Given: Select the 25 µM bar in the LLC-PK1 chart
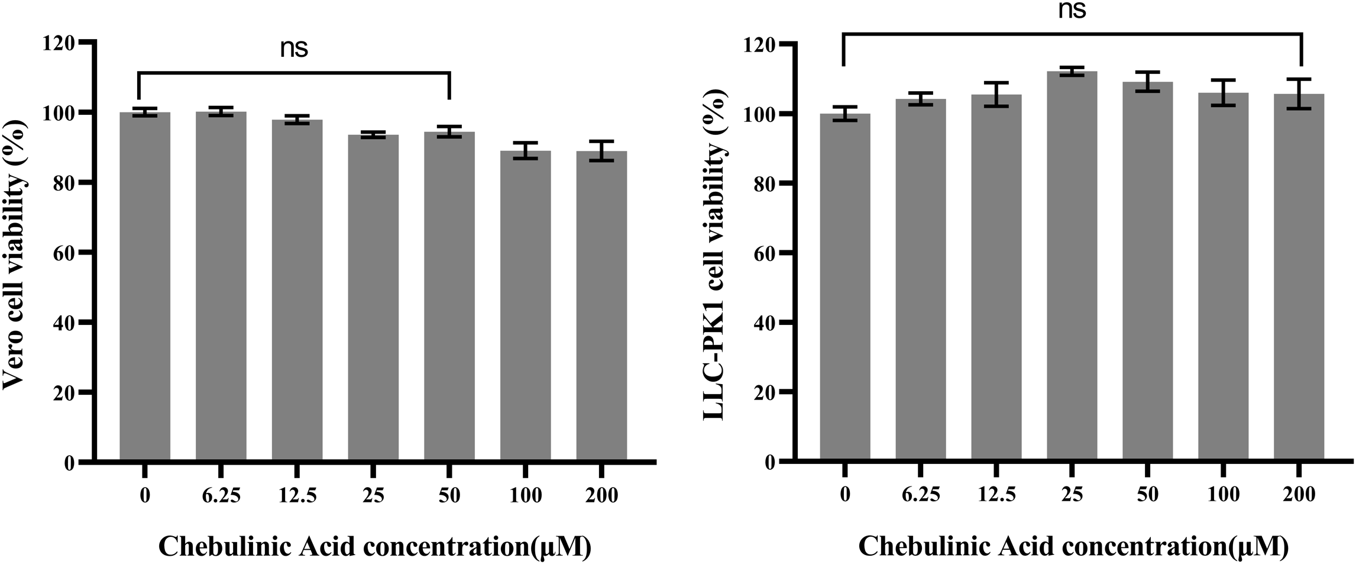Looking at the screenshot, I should (1072, 266).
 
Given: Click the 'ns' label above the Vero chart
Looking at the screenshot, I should (294, 49).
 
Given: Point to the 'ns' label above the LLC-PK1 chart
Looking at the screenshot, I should (1072, 11).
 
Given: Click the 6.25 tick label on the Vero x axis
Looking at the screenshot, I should (221, 495).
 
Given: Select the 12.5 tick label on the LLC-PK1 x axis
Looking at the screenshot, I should (996, 494).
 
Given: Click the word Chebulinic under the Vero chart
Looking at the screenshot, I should (225, 546).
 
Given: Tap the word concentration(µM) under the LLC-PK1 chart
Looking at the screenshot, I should (1173, 546).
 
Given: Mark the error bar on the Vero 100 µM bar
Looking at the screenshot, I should (525, 151).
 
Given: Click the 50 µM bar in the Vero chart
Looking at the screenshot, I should (449, 296).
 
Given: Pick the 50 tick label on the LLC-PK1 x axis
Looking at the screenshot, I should (1147, 494).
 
